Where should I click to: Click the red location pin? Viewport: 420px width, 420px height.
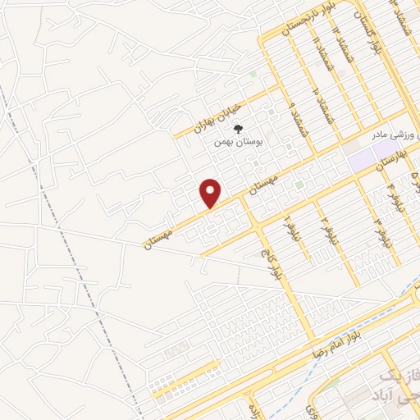[211, 192]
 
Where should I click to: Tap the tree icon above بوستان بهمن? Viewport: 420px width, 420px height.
[239, 129]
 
